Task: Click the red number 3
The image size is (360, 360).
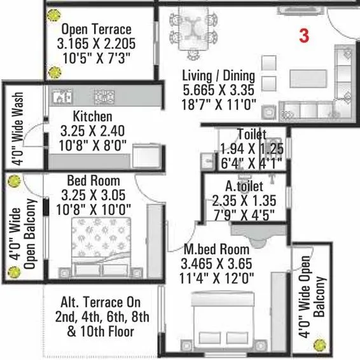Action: click(304, 36)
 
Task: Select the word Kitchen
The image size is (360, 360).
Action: click(92, 117)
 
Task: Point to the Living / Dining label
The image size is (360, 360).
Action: click(218, 76)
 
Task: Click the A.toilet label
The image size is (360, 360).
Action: click(240, 188)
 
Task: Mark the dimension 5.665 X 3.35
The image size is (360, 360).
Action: click(218, 90)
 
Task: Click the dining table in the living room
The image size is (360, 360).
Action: click(195, 28)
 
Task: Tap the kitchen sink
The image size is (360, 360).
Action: click(62, 97)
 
